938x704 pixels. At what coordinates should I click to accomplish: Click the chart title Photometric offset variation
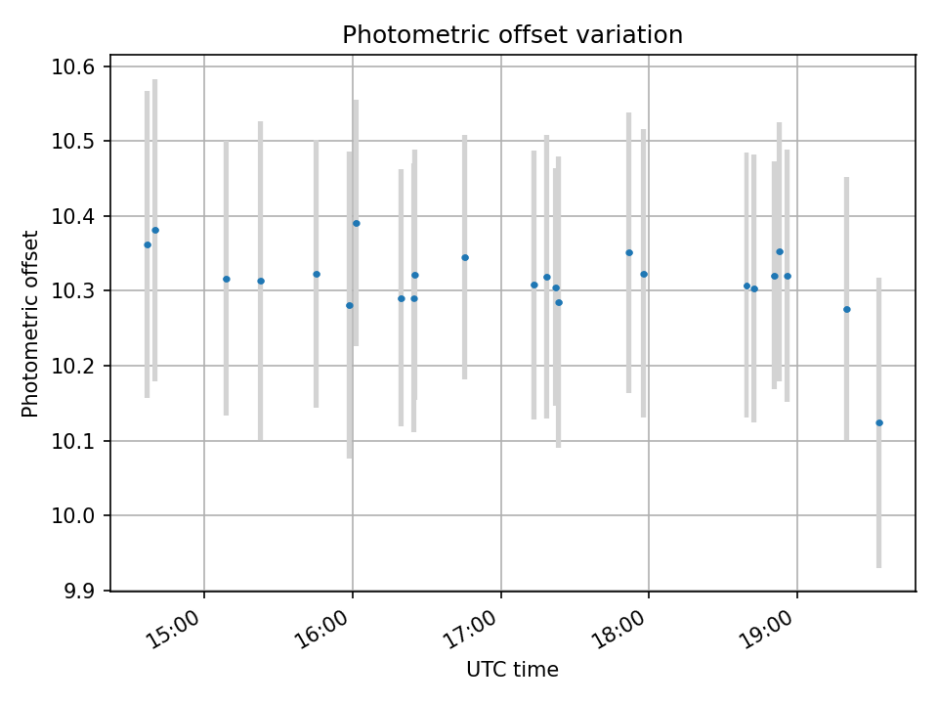point(512,35)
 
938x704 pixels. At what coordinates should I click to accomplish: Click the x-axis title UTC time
point(512,670)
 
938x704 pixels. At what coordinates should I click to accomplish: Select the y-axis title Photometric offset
point(30,324)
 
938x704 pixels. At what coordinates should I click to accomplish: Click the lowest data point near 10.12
point(879,422)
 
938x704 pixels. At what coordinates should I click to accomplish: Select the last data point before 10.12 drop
point(846,309)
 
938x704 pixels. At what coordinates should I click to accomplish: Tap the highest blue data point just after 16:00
point(356,223)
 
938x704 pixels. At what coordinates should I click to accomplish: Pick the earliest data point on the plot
point(148,244)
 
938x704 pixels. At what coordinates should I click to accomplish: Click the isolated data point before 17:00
point(465,257)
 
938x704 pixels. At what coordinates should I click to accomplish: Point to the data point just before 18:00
point(629,252)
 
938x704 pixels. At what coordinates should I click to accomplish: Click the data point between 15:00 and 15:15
point(227,279)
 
